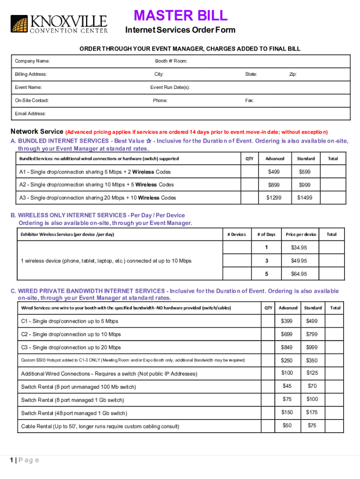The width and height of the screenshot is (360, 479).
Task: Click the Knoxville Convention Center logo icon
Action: pyautogui.click(x=19, y=24)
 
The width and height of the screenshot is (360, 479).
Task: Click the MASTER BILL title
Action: pyautogui.click(x=180, y=16)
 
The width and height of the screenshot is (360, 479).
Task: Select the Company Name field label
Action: pyautogui.click(x=32, y=61)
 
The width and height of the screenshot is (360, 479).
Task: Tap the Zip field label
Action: pyautogui.click(x=293, y=74)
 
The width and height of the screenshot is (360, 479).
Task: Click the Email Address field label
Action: pyautogui.click(x=30, y=114)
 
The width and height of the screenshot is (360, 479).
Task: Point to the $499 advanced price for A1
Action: pyautogui.click(x=274, y=172)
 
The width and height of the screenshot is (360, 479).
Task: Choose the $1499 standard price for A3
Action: pyautogui.click(x=305, y=198)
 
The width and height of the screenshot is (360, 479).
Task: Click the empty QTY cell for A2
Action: pyautogui.click(x=249, y=185)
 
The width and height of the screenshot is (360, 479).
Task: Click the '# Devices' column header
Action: pyautogui.click(x=236, y=234)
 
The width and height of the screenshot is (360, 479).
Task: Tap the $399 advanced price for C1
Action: pyautogui.click(x=287, y=321)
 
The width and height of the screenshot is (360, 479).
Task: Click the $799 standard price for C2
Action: pyautogui.click(x=312, y=334)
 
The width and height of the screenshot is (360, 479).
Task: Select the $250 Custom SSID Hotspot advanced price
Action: pyautogui.click(x=287, y=360)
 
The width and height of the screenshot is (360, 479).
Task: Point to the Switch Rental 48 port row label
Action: pyautogui.click(x=74, y=413)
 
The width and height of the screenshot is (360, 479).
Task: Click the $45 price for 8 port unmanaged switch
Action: pyautogui.click(x=287, y=386)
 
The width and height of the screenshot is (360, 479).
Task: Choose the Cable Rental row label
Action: pyautogui.click(x=100, y=426)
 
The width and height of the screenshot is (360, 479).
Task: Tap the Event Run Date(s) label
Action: pyautogui.click(x=170, y=87)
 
